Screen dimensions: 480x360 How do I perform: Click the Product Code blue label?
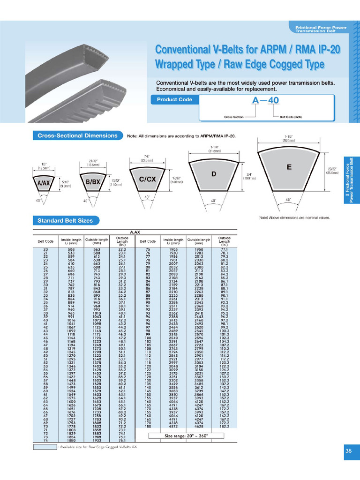pyautogui.click(x=172, y=99)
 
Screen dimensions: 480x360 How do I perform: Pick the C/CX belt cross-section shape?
pyautogui.click(x=147, y=179)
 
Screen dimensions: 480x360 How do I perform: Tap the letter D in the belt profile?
pyautogui.click(x=213, y=174)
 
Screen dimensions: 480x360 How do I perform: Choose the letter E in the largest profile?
pyautogui.click(x=289, y=167)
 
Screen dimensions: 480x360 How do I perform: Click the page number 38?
pyautogui.click(x=348, y=451)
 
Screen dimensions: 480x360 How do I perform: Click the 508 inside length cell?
pyautogui.click(x=71, y=250)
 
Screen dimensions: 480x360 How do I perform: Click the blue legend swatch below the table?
pyautogui.click(x=45, y=447)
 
